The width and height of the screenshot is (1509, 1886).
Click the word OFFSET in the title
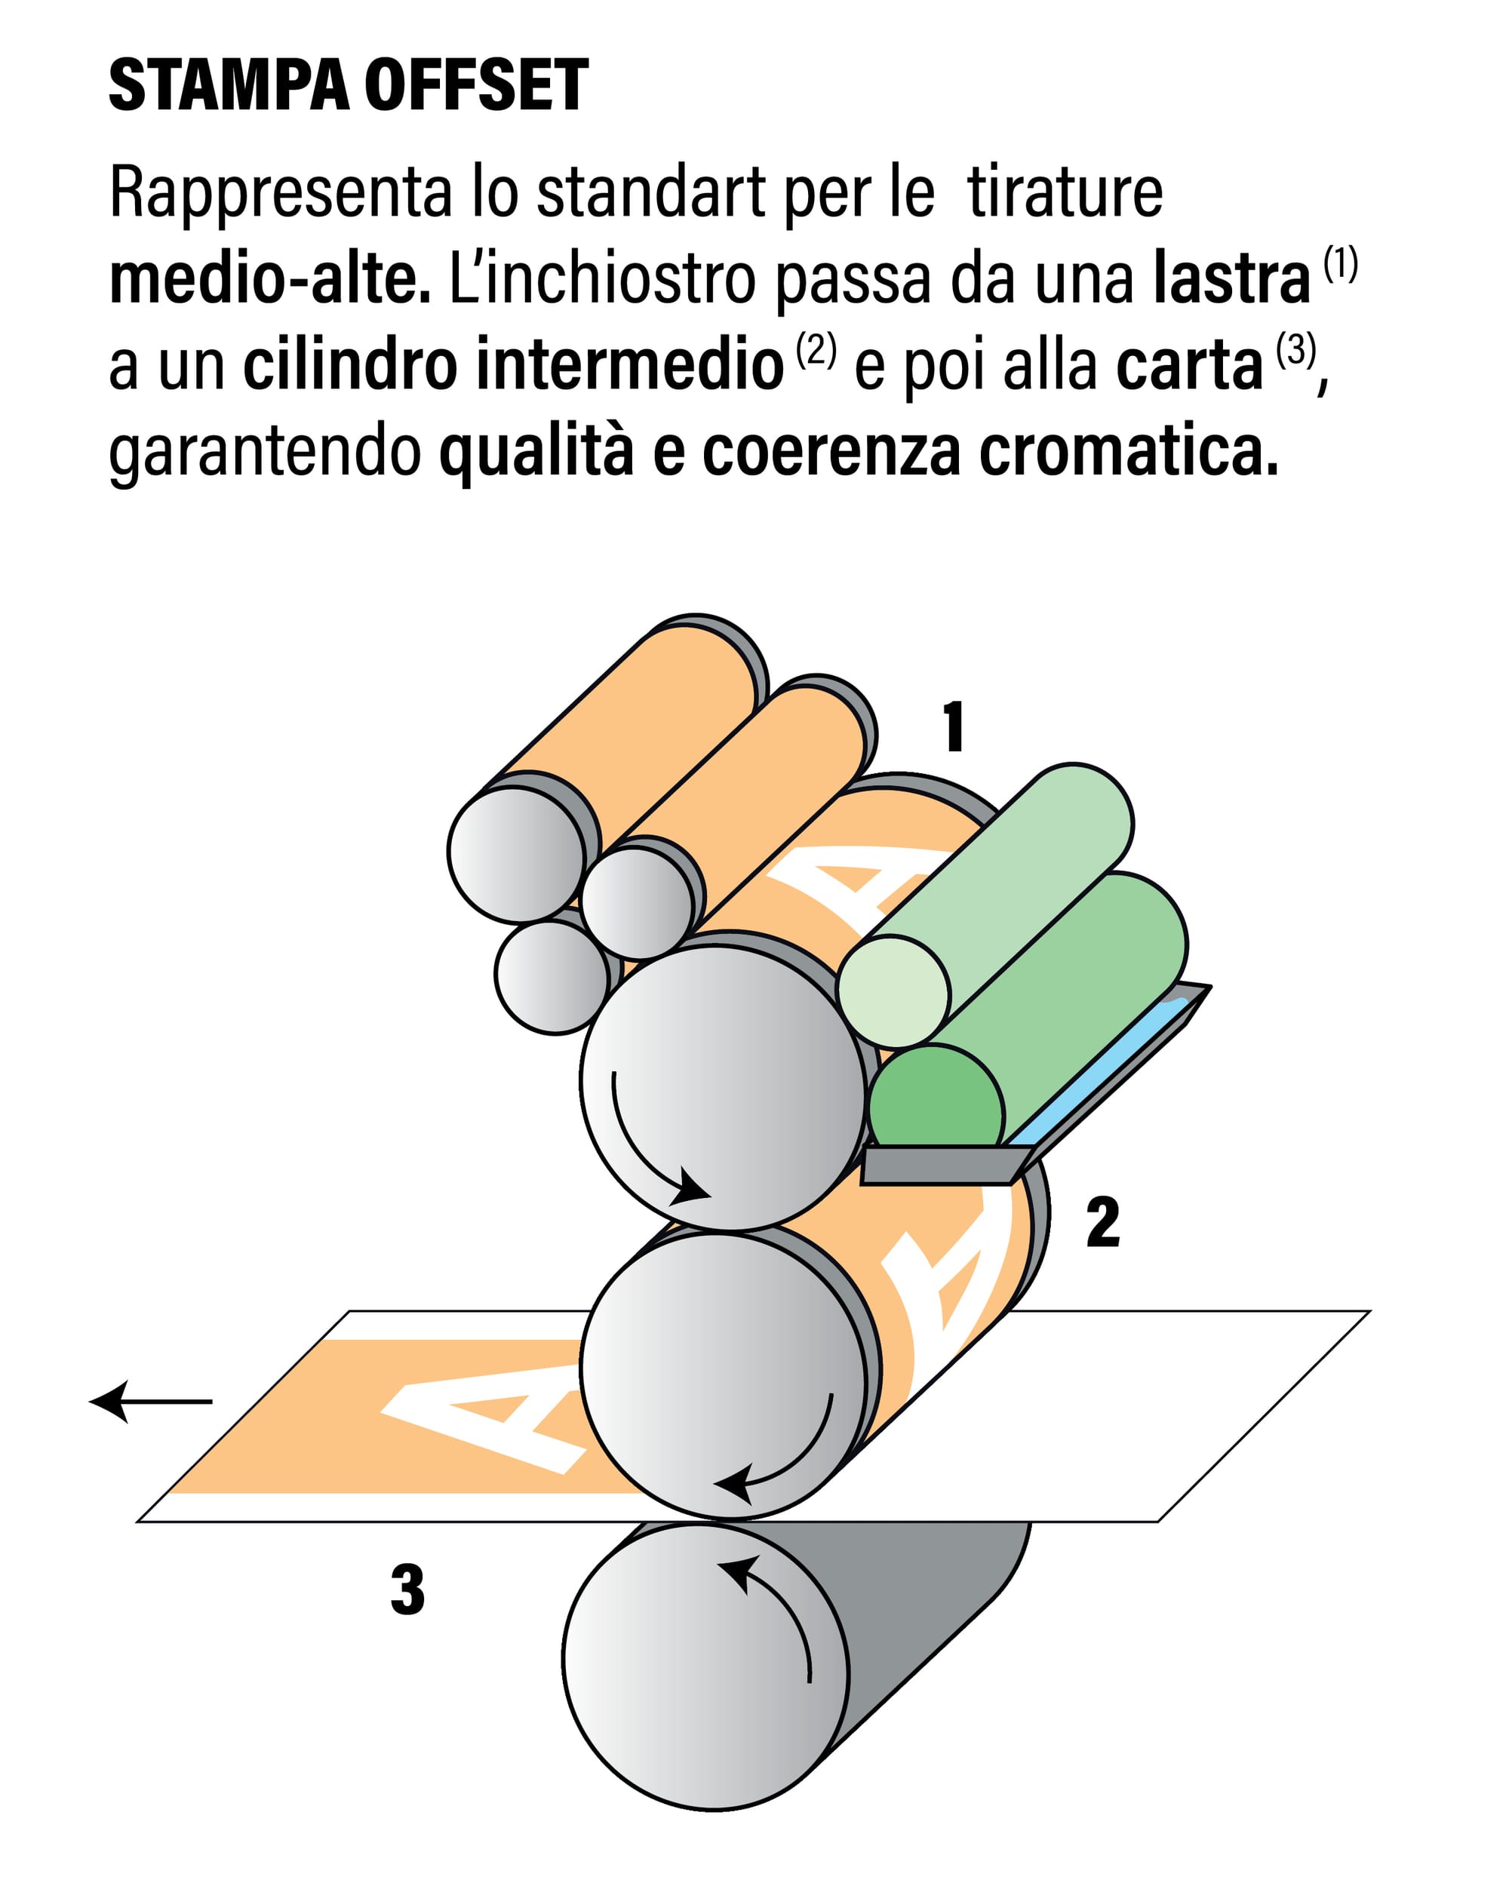(x=477, y=86)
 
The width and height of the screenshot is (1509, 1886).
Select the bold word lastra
(x=1231, y=278)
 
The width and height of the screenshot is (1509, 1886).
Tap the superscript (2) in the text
(x=816, y=350)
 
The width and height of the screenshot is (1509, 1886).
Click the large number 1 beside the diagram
(x=954, y=726)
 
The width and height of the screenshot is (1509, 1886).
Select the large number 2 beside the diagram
(x=1102, y=1222)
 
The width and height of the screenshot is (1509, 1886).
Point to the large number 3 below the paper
(x=407, y=1590)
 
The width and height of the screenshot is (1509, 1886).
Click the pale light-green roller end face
(x=893, y=991)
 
